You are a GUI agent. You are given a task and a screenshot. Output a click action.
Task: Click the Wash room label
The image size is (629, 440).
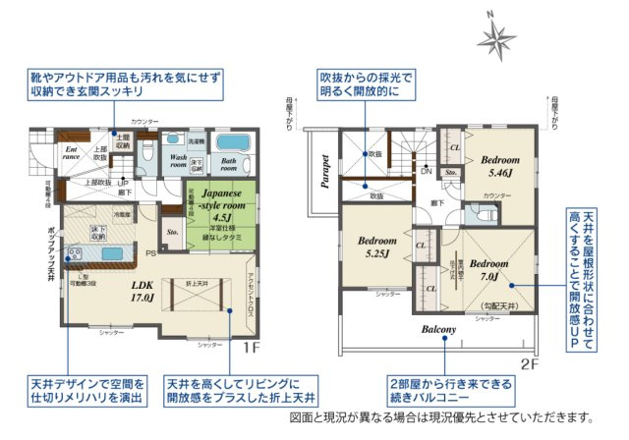178,161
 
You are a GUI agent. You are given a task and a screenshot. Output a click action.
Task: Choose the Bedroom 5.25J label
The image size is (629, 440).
375,247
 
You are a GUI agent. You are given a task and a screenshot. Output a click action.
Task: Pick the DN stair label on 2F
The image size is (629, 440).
426,170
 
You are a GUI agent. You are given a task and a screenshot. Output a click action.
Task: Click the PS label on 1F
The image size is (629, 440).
151,253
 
